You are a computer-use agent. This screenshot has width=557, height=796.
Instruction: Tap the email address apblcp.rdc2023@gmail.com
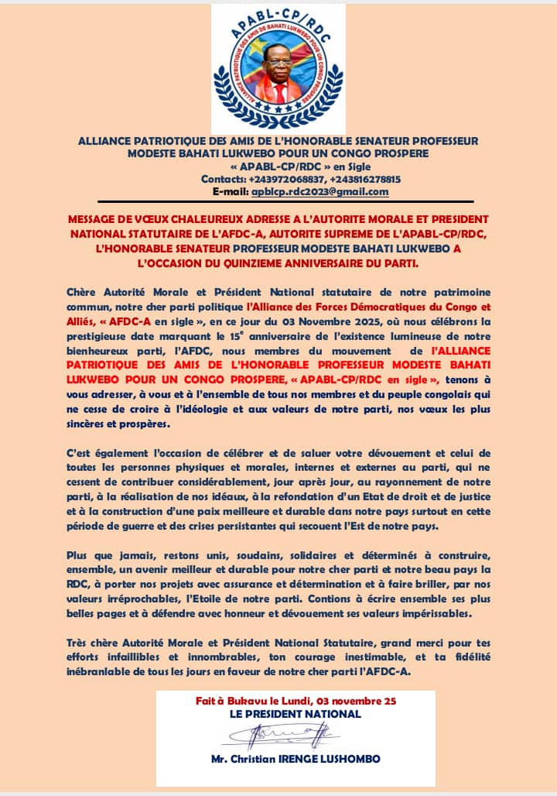coord(320,192)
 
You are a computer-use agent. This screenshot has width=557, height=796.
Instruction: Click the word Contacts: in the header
coord(223,180)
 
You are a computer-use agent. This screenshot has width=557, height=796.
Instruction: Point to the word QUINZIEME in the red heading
coord(306,263)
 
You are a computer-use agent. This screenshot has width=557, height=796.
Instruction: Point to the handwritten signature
coord(295,733)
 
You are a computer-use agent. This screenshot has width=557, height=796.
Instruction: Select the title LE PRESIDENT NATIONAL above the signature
coord(296,714)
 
